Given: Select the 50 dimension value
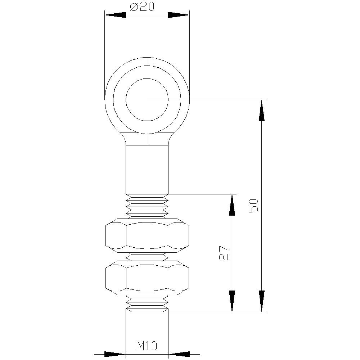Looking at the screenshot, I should [x=254, y=206].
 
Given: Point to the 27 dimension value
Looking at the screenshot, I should [x=224, y=253].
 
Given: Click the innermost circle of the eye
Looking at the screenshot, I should [x=147, y=100].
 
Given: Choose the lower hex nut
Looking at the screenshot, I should [x=147, y=276].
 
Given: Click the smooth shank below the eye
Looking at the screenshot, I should [x=147, y=169].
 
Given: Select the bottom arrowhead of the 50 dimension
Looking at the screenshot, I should [x=262, y=301].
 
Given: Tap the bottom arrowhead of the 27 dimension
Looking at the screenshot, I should [x=232, y=301].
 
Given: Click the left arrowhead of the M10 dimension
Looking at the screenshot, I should [x=115, y=354].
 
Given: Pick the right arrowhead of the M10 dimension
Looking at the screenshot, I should [x=179, y=354].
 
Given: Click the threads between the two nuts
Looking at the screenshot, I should [x=147, y=256].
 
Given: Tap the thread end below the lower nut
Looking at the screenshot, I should [x=147, y=303].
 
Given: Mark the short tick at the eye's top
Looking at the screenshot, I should [x=147, y=62].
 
